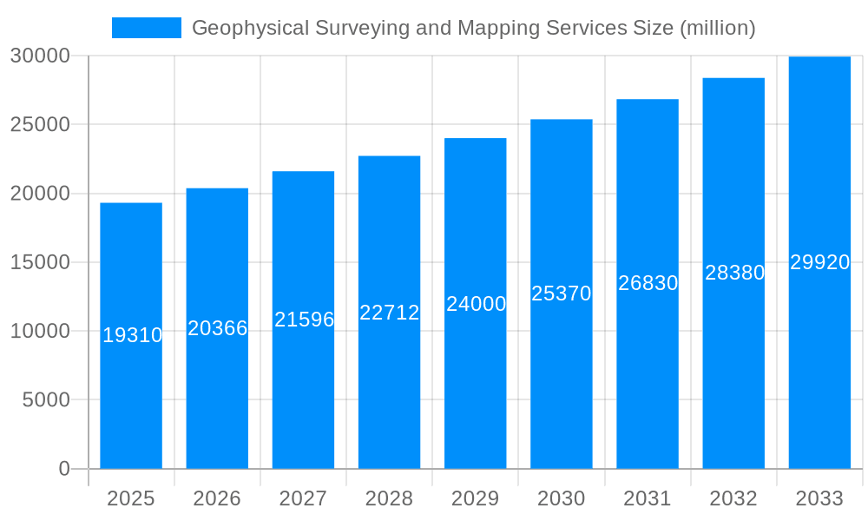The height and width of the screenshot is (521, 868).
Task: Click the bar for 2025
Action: (x=131, y=391)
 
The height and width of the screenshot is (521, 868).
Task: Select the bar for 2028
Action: (x=389, y=391)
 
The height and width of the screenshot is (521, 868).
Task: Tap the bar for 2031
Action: (x=648, y=391)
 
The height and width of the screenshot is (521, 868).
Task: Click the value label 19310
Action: (x=132, y=335)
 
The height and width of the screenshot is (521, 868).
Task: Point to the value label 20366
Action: (x=218, y=328)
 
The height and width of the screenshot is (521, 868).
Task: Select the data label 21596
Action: (x=304, y=320)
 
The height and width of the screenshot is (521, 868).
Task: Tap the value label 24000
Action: (x=476, y=304)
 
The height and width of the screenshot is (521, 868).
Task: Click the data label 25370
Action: (x=562, y=293)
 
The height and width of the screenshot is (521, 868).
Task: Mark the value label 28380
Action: (x=734, y=273)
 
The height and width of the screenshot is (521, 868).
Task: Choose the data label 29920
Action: (x=819, y=262)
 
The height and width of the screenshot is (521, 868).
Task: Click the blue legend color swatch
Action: (x=147, y=28)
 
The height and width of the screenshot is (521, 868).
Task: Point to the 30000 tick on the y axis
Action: (x=39, y=56)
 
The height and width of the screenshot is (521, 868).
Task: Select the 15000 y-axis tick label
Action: (x=39, y=262)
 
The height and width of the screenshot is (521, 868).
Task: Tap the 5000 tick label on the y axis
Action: (x=45, y=400)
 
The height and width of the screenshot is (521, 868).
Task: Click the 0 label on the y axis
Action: (x=63, y=469)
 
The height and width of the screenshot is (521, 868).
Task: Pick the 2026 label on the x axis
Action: (x=217, y=498)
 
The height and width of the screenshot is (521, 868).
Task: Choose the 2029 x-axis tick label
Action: (x=476, y=498)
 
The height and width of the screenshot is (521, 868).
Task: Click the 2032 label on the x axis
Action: (x=733, y=498)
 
